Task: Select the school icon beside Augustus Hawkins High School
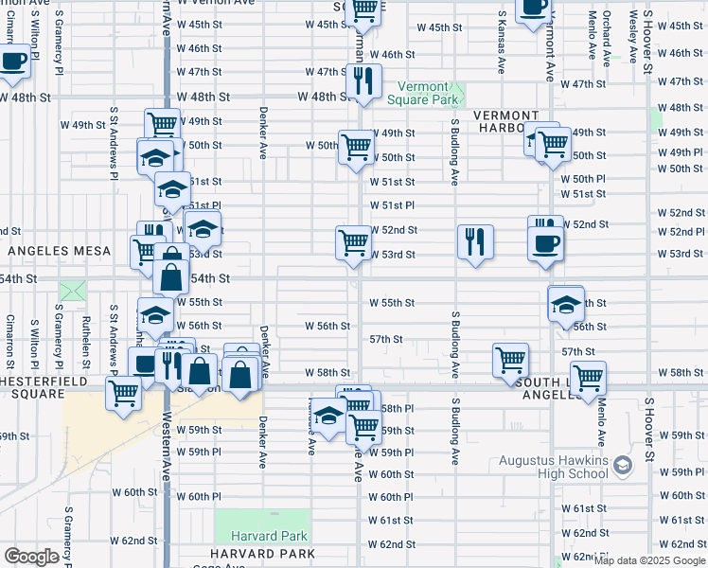tap(623, 465)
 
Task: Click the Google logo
tap(31, 557)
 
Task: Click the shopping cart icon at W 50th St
tap(356, 147)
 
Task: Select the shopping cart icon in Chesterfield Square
tap(123, 392)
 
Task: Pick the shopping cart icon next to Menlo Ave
tap(588, 377)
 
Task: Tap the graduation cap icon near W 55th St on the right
tap(565, 305)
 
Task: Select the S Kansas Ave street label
tap(501, 44)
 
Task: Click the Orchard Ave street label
tap(605, 38)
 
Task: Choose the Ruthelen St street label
tap(84, 335)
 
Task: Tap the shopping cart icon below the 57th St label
tap(510, 360)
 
